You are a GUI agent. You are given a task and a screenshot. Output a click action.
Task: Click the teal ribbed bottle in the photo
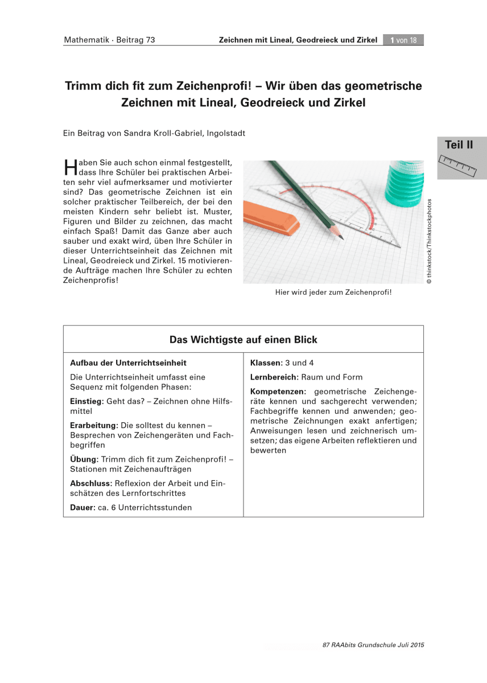pos(405,183)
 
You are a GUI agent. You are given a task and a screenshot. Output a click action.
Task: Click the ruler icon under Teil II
pos(459,165)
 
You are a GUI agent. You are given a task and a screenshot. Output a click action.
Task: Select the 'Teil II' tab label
pos(459,145)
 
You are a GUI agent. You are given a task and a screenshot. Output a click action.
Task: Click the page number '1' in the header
pos(393,40)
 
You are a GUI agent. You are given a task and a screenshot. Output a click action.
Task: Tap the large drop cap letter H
pos(71,167)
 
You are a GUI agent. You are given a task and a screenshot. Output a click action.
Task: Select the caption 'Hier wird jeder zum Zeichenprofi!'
pos(333,293)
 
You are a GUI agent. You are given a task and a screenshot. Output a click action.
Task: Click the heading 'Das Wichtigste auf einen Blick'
pos(243,340)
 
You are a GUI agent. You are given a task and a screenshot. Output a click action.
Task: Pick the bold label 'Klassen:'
pos(266,363)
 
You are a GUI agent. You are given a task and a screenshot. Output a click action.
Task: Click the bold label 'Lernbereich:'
pos(274,377)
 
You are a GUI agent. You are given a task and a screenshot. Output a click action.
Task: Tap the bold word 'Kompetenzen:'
pos(278,392)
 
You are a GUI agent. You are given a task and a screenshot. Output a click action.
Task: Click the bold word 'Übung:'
pos(84,459)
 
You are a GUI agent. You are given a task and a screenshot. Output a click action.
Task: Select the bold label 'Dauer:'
pos(82,507)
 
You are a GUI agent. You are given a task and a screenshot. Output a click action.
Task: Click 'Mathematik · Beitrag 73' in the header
pos(109,40)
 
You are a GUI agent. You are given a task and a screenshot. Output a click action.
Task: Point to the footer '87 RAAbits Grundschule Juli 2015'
pos(373,645)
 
